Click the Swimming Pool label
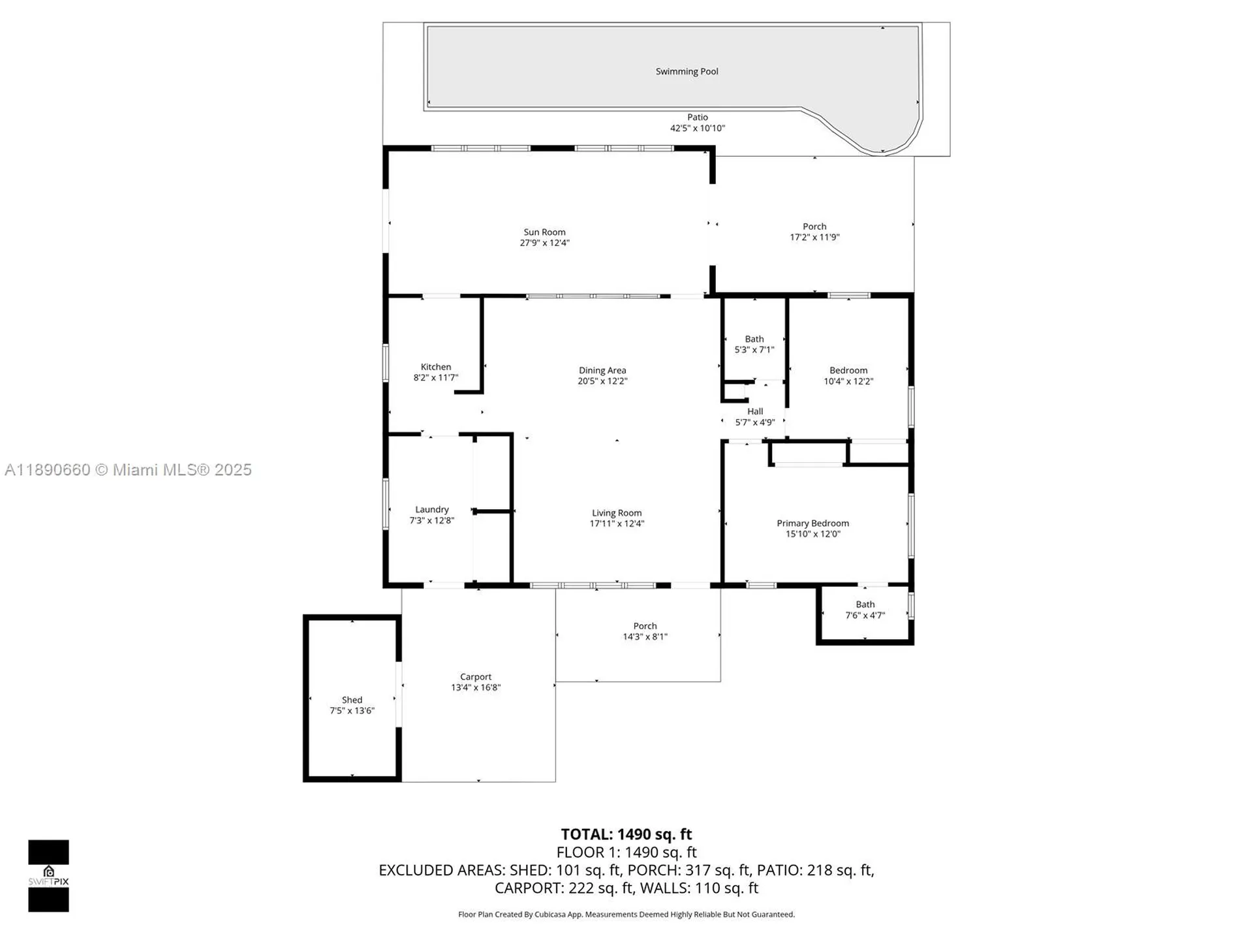687,72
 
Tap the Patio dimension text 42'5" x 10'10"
697,129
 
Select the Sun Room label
544,232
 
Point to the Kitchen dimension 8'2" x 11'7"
435,378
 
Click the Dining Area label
602,371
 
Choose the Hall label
755,412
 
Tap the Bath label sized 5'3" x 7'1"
754,339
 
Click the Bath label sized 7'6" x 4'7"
865,605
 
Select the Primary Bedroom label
812,524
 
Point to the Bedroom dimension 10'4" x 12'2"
848,382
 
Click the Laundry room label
431,510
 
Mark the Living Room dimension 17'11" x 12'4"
617,524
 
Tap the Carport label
475,678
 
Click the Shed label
352,700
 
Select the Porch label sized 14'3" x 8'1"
645,627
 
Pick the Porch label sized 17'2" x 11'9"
814,227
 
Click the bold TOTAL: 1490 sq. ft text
626,835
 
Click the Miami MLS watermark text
128,470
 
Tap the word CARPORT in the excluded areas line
527,888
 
